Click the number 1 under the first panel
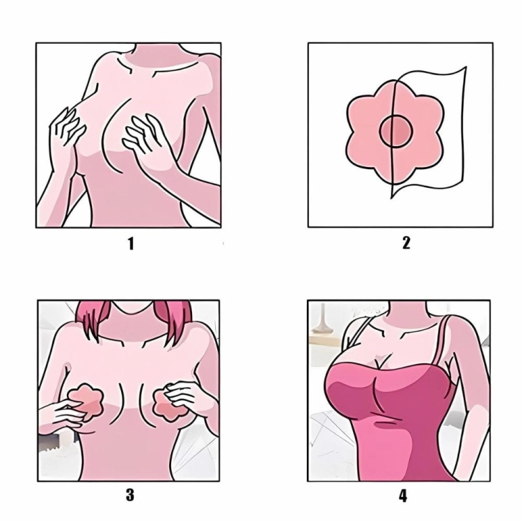click(x=131, y=244)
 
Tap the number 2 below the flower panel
click(x=406, y=243)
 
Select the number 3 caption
click(x=130, y=495)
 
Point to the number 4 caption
click(x=403, y=496)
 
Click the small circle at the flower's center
click(x=396, y=131)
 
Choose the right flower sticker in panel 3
click(x=168, y=403)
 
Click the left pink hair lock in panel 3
click(x=93, y=320)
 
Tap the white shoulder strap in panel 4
click(x=357, y=336)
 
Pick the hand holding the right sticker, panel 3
click(x=187, y=398)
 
